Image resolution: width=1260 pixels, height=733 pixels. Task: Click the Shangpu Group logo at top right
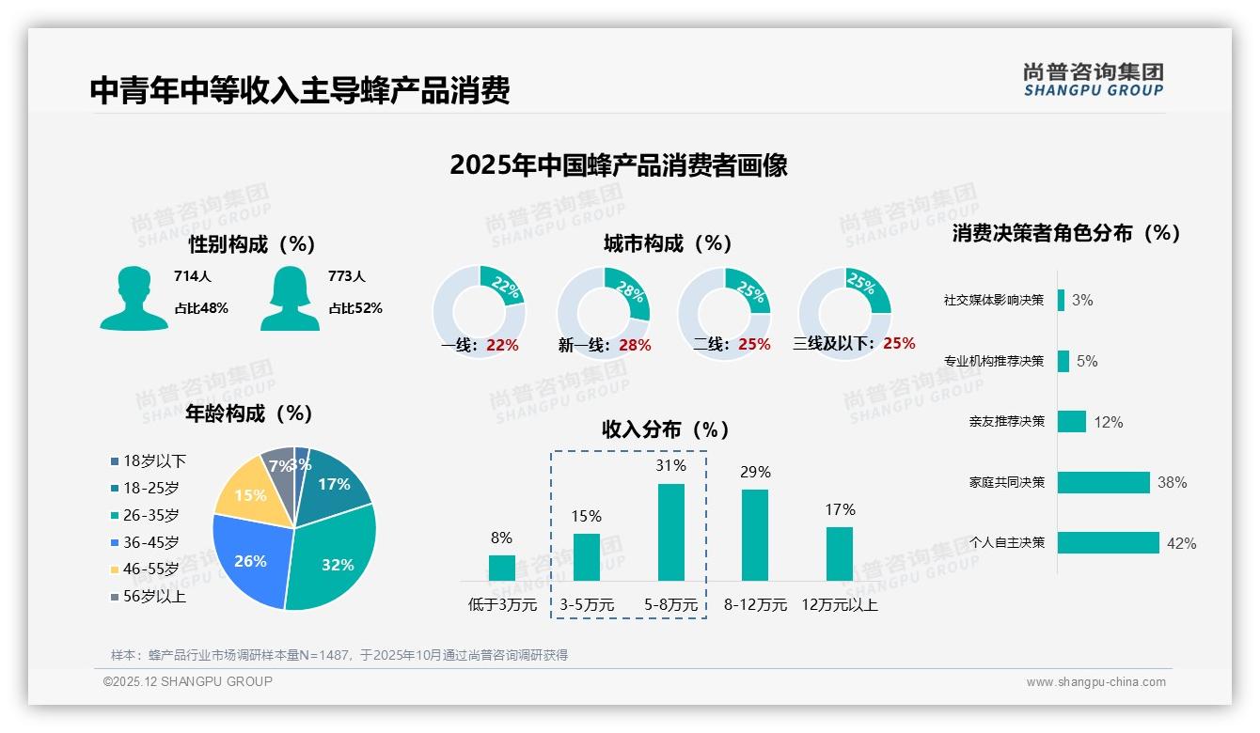[1094, 80]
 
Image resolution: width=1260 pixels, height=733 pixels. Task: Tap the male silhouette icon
[134, 298]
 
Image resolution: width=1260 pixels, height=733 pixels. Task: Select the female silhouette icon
[290, 298]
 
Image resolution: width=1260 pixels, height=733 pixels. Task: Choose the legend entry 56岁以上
[149, 596]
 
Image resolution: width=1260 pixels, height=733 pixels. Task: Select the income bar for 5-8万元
[671, 532]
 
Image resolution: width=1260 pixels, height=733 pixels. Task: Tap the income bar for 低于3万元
[502, 568]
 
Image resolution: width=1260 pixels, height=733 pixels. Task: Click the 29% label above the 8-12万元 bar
[755, 472]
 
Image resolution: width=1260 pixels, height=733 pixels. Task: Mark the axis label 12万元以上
[839, 605]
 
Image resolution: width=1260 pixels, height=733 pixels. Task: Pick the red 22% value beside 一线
[503, 345]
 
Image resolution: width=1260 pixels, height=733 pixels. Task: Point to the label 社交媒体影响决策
[994, 301]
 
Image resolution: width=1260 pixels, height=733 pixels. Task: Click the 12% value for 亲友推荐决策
[1109, 422]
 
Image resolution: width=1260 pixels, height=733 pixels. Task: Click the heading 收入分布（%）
[666, 429]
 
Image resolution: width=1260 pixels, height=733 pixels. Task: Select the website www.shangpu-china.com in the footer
[1095, 682]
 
